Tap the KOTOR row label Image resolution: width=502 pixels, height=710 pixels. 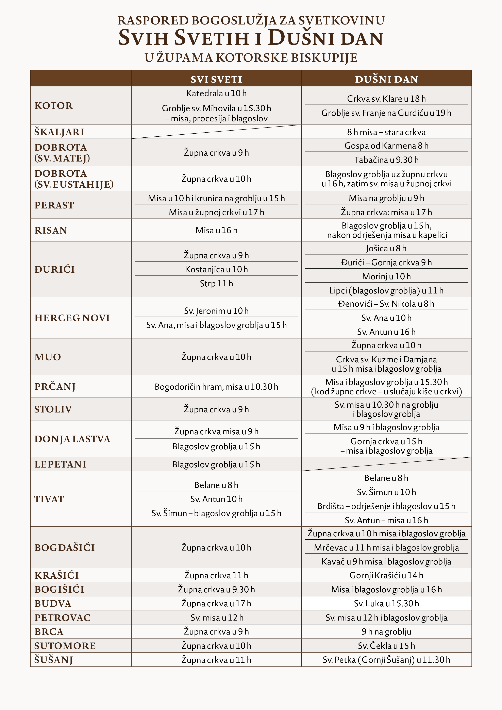point(53,106)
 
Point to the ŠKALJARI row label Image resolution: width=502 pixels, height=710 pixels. point(59,132)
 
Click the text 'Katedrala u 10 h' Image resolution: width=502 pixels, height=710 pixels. point(216,93)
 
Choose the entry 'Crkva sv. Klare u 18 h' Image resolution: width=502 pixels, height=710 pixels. point(386,99)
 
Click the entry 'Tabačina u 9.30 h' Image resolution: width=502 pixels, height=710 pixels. point(386,160)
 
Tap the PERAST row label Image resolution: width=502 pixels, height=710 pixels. point(54,205)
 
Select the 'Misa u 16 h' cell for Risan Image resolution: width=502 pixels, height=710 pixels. point(216,230)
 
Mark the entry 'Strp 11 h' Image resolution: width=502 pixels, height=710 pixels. point(216,284)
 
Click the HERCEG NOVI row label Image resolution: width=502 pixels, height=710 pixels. point(72,318)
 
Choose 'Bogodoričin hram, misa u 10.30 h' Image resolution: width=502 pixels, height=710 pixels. point(216,387)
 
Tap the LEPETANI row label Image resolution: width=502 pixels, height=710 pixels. point(60,464)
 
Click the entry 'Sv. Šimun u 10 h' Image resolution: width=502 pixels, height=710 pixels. point(386,492)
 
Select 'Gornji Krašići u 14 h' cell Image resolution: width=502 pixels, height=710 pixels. point(386,575)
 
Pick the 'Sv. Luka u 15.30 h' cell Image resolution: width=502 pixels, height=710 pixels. point(386,604)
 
